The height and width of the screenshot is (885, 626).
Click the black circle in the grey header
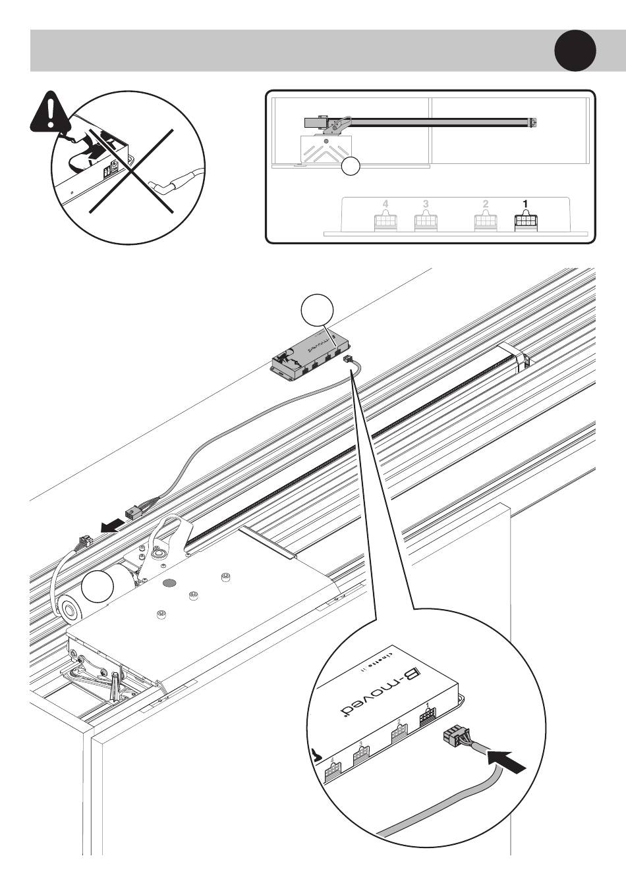575,51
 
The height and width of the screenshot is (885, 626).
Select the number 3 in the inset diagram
425,203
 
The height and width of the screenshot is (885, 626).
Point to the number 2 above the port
486,203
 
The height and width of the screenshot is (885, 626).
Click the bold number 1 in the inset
526,203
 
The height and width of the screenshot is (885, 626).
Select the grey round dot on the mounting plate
169,582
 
